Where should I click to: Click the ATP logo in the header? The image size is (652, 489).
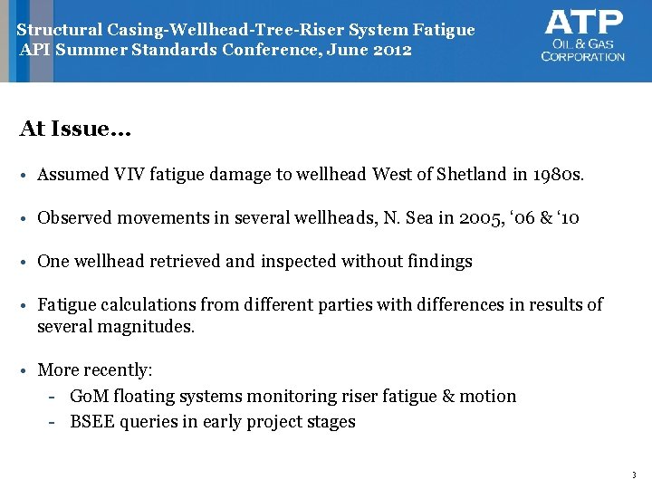pyautogui.click(x=584, y=36)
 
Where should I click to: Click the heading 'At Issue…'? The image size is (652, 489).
pyautogui.click(x=75, y=129)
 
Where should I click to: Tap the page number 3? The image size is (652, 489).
pyautogui.click(x=632, y=475)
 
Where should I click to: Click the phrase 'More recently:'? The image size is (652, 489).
pyautogui.click(x=95, y=370)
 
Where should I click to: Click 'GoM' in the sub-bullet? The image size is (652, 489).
pyautogui.click(x=89, y=396)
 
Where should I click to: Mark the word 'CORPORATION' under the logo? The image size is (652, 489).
pyautogui.click(x=583, y=56)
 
